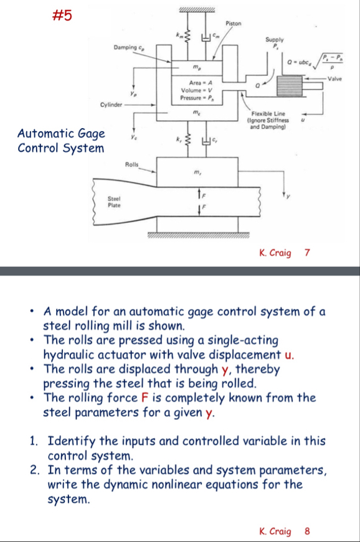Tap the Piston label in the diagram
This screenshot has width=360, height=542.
233,23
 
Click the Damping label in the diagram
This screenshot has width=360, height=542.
126,47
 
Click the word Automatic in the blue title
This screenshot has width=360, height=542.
47,134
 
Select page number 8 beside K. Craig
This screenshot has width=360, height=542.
306,531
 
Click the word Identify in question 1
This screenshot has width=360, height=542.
75,441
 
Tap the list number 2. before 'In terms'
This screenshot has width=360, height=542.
36,470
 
